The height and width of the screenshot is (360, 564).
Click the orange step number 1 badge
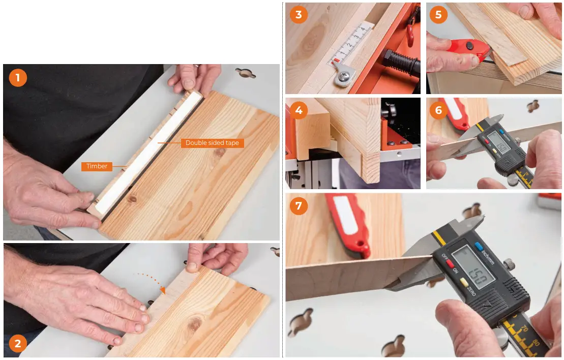click(x=18, y=78)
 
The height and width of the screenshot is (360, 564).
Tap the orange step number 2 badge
click(x=18, y=344)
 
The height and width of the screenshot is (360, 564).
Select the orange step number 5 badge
click(x=438, y=15)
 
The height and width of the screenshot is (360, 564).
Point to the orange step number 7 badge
click(x=299, y=206)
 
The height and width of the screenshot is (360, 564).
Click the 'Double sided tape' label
click(x=213, y=143)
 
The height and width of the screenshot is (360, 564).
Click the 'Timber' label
click(x=97, y=166)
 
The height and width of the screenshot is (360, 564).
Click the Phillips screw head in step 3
click(x=341, y=77)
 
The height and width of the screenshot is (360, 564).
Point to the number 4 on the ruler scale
click(x=363, y=30)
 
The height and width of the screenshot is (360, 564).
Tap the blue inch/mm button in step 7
click(x=478, y=247)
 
